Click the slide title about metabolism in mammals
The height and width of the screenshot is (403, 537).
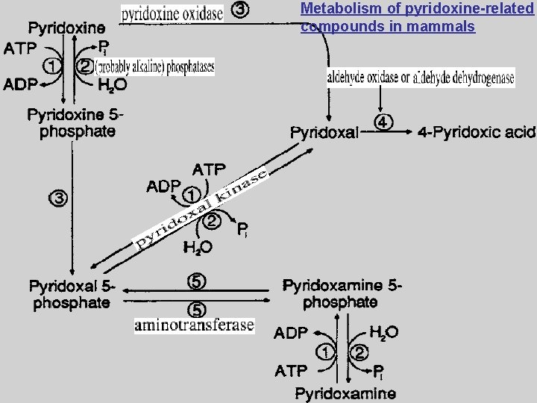(418, 18)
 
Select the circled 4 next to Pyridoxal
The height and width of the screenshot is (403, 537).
(383, 122)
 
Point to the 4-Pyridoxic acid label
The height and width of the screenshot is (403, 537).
(477, 133)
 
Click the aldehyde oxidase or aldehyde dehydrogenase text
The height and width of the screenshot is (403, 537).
(421, 78)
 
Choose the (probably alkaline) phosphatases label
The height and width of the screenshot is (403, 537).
(154, 66)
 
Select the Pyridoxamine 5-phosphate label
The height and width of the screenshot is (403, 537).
(342, 294)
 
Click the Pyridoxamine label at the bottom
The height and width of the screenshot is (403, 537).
(345, 392)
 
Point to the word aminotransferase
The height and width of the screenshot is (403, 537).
(194, 325)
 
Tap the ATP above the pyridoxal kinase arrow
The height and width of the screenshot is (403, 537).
(210, 169)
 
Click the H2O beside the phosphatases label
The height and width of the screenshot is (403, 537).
(112, 85)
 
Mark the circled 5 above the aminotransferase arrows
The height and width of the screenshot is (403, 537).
(196, 282)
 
